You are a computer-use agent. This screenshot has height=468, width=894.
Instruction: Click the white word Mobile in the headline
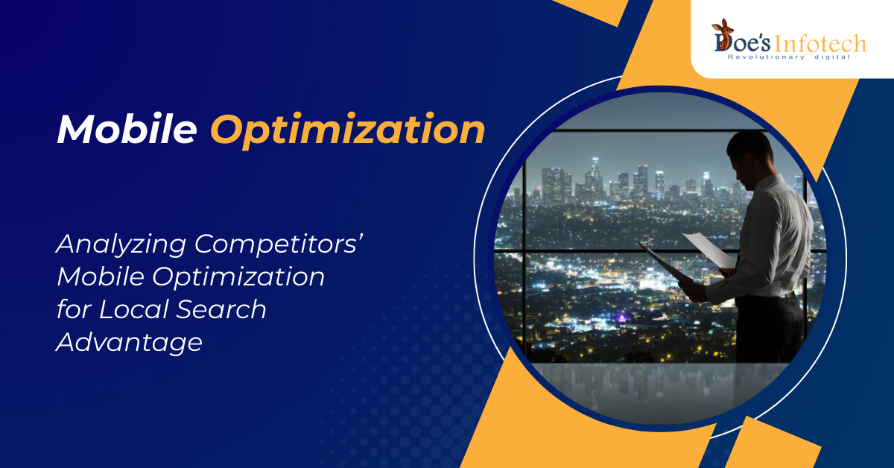(x=127, y=130)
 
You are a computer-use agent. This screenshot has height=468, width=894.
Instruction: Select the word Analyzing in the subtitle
(x=121, y=244)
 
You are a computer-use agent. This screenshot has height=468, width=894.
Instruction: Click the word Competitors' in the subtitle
(x=279, y=244)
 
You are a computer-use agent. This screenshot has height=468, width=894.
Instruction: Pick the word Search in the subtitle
(x=221, y=309)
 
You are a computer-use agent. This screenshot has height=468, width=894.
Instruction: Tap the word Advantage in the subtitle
(x=130, y=343)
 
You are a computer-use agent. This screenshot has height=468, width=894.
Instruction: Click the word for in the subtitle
(x=74, y=309)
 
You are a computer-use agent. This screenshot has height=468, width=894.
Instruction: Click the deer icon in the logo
(x=722, y=29)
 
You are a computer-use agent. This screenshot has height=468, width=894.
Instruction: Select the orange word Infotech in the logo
(x=820, y=43)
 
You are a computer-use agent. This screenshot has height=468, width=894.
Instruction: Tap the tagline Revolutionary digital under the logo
(x=789, y=57)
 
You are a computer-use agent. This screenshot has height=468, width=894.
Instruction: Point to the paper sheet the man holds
(x=709, y=250)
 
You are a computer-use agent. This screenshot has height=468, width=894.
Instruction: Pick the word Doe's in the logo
(x=742, y=42)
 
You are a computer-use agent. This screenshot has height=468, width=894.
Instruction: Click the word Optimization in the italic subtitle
(x=238, y=277)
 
